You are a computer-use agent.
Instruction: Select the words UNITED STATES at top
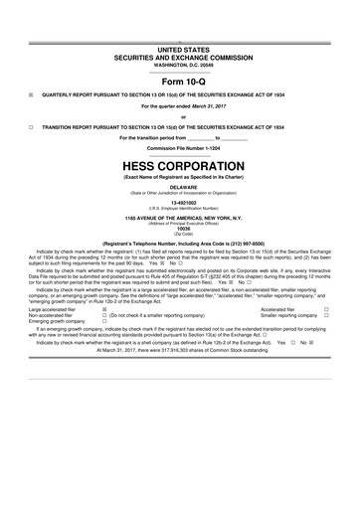(x=179, y=49)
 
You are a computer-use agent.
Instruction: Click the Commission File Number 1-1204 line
(x=179, y=148)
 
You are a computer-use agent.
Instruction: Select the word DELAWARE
(x=179, y=185)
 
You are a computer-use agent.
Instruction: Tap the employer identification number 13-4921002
(x=179, y=200)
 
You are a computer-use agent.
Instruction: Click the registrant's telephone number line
(x=179, y=243)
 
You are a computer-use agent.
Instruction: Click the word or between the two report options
(x=179, y=116)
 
